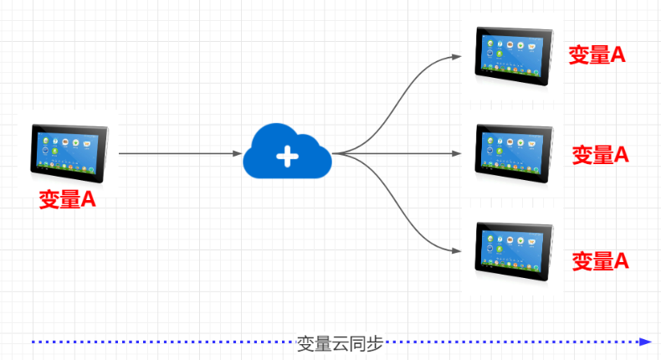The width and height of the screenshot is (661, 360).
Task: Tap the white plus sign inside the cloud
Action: tap(287, 155)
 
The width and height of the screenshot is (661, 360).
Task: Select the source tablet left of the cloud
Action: tap(69, 151)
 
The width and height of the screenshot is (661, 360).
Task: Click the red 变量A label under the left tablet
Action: tap(67, 200)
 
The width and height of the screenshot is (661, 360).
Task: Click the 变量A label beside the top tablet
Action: tap(598, 55)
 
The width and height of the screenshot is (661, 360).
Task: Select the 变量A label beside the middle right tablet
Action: tap(600, 154)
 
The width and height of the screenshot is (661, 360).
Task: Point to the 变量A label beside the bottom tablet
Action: tap(600, 260)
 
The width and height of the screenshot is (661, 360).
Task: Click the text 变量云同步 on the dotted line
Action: tap(340, 342)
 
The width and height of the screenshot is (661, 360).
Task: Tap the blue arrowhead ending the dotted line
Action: tap(644, 342)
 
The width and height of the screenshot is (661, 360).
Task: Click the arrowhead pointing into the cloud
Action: tap(238, 154)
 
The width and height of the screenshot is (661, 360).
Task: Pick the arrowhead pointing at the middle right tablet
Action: tap(456, 154)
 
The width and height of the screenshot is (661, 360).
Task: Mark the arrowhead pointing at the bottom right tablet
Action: tap(456, 251)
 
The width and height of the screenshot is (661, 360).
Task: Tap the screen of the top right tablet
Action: tap(510, 52)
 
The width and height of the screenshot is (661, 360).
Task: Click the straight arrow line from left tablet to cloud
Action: tap(176, 154)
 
